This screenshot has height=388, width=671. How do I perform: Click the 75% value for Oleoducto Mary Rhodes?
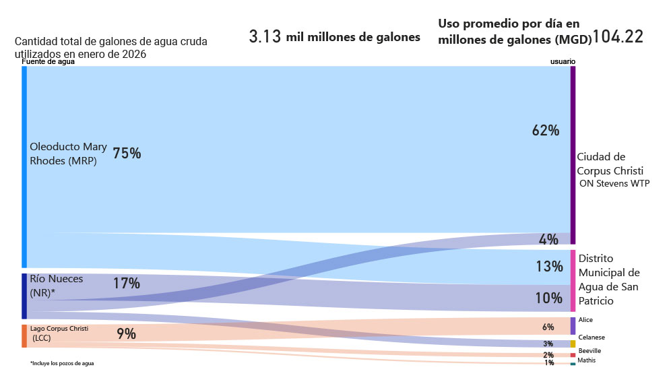[x=127, y=154]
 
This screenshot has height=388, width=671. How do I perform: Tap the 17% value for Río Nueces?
[x=126, y=284]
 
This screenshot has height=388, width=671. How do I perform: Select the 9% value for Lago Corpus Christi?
[x=126, y=333]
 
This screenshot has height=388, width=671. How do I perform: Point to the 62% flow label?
[x=546, y=131]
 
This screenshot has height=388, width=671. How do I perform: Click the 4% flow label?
[x=548, y=239]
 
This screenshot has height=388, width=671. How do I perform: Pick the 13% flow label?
[x=549, y=267]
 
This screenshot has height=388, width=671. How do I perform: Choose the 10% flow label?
[x=549, y=298]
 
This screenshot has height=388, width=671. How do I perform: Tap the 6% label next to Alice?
[x=548, y=327]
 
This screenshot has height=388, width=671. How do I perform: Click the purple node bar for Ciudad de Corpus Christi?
[x=573, y=155]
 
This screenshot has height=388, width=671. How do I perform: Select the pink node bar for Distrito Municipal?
[x=573, y=280]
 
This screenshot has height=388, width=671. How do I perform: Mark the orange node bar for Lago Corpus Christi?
[x=24, y=336]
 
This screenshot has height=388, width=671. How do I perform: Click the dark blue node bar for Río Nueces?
[x=24, y=296]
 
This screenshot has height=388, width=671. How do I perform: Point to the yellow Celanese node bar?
[x=573, y=344]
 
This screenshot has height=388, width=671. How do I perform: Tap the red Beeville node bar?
[x=573, y=355]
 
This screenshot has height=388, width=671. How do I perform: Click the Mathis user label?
[x=586, y=360]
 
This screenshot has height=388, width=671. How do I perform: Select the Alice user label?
[x=585, y=320]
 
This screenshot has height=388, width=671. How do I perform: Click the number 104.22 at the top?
[x=618, y=37]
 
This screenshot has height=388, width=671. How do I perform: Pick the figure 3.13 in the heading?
[x=264, y=37]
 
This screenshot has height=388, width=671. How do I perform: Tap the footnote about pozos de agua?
[x=62, y=364]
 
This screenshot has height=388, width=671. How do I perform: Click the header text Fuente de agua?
[x=48, y=62]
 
